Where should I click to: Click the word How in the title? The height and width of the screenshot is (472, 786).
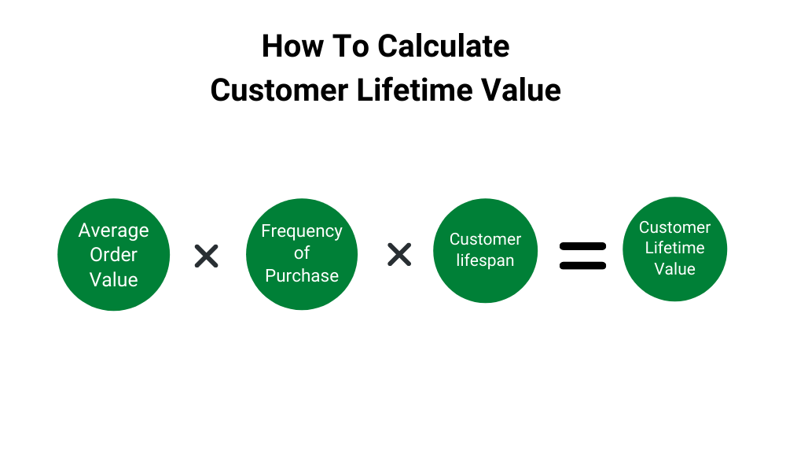(292, 46)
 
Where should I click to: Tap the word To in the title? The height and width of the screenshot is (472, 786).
(351, 46)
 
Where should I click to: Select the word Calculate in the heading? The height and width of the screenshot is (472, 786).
(443, 46)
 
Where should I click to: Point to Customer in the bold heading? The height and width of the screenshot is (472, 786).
(279, 90)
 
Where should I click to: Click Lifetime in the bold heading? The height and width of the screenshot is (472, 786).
(414, 90)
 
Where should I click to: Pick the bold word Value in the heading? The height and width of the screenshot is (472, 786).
(521, 90)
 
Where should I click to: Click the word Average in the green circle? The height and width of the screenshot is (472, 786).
(114, 230)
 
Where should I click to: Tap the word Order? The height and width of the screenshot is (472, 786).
(114, 255)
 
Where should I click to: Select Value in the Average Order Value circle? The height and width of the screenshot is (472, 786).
(114, 279)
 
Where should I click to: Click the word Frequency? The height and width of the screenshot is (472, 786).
(302, 231)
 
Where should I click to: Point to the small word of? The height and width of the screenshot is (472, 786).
(302, 253)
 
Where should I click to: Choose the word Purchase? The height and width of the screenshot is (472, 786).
(302, 275)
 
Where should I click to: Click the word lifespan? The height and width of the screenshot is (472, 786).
(485, 260)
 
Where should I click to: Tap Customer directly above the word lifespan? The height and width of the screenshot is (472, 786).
(485, 239)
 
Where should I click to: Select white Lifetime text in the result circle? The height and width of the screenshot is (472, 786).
(674, 247)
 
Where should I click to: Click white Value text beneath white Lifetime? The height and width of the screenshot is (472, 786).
(674, 269)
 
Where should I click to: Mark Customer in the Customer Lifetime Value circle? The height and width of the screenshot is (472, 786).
(674, 227)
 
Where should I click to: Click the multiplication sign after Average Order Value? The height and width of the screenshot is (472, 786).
(207, 256)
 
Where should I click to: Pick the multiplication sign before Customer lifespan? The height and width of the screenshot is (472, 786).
(399, 254)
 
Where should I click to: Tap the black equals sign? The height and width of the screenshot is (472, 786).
(582, 256)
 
